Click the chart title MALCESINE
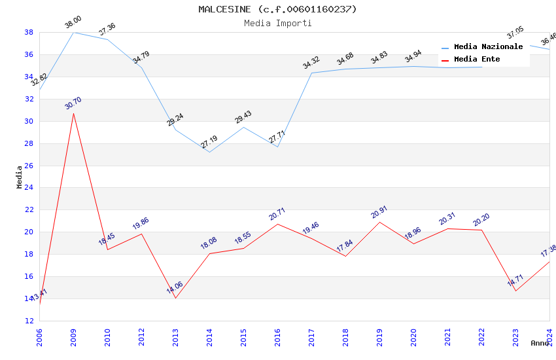point(278,9)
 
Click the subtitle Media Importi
point(278,23)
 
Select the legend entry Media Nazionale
point(488,46)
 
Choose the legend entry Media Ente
point(477,59)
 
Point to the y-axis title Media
point(20,177)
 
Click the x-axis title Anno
point(540,343)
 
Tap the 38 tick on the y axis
point(29,32)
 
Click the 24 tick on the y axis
point(29,188)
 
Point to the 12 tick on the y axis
point(29,321)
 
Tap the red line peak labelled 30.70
point(73,113)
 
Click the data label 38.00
point(73,24)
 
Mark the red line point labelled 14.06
point(175,298)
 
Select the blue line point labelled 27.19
point(209,152)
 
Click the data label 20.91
point(379,213)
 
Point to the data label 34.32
point(311,62)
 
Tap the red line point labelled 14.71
point(515,291)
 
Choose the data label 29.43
point(243,117)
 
